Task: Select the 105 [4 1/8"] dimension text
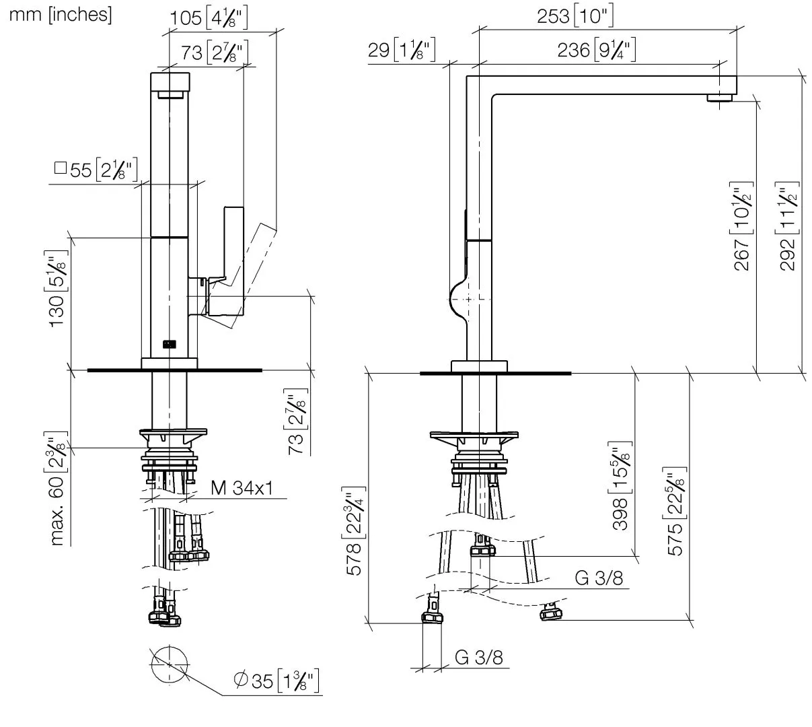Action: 209,18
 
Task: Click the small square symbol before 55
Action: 61,169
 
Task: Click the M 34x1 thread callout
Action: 241,488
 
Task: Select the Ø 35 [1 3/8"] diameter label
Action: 276,681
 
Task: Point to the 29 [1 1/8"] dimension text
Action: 402,50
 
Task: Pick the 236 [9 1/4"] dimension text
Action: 596,50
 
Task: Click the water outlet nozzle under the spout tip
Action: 719,98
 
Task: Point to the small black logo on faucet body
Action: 169,345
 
